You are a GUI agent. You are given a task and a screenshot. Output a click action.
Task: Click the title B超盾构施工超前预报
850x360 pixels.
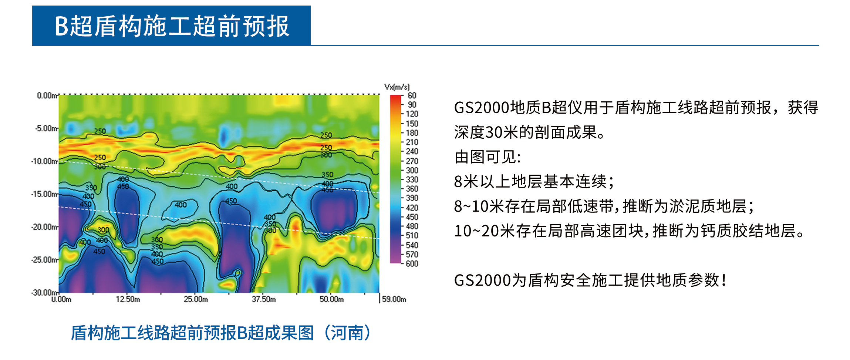[x=172, y=26]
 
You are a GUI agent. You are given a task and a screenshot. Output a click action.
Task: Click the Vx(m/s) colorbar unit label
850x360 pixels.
[x=397, y=87]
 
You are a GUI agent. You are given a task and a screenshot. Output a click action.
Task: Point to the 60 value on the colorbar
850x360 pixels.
[x=412, y=95]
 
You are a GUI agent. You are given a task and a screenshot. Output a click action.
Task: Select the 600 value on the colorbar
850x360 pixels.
[x=412, y=263]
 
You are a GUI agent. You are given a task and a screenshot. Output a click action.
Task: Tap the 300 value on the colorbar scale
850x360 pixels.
[x=412, y=170]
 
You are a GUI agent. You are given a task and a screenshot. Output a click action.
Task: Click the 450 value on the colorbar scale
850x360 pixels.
[x=412, y=217]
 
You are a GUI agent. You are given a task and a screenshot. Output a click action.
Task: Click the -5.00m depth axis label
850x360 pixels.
[x=47, y=128]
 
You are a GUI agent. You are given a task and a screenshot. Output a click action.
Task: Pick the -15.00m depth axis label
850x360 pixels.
[x=45, y=194]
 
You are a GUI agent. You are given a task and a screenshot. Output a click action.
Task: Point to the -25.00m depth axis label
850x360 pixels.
[x=45, y=260]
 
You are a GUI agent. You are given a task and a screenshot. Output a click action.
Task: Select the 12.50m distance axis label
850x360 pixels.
[x=128, y=299]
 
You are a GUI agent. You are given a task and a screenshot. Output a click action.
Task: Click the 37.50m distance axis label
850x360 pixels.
[x=264, y=299]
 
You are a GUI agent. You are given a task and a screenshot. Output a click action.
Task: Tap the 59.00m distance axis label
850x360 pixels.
[x=394, y=299]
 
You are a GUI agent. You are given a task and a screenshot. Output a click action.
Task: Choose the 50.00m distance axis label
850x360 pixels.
[x=332, y=299]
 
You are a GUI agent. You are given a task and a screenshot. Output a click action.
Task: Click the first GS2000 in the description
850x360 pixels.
[x=482, y=108]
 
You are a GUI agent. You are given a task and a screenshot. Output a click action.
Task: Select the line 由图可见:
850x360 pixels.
[x=488, y=157]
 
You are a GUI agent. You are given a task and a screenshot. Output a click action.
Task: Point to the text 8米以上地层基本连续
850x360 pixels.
[x=530, y=182]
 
